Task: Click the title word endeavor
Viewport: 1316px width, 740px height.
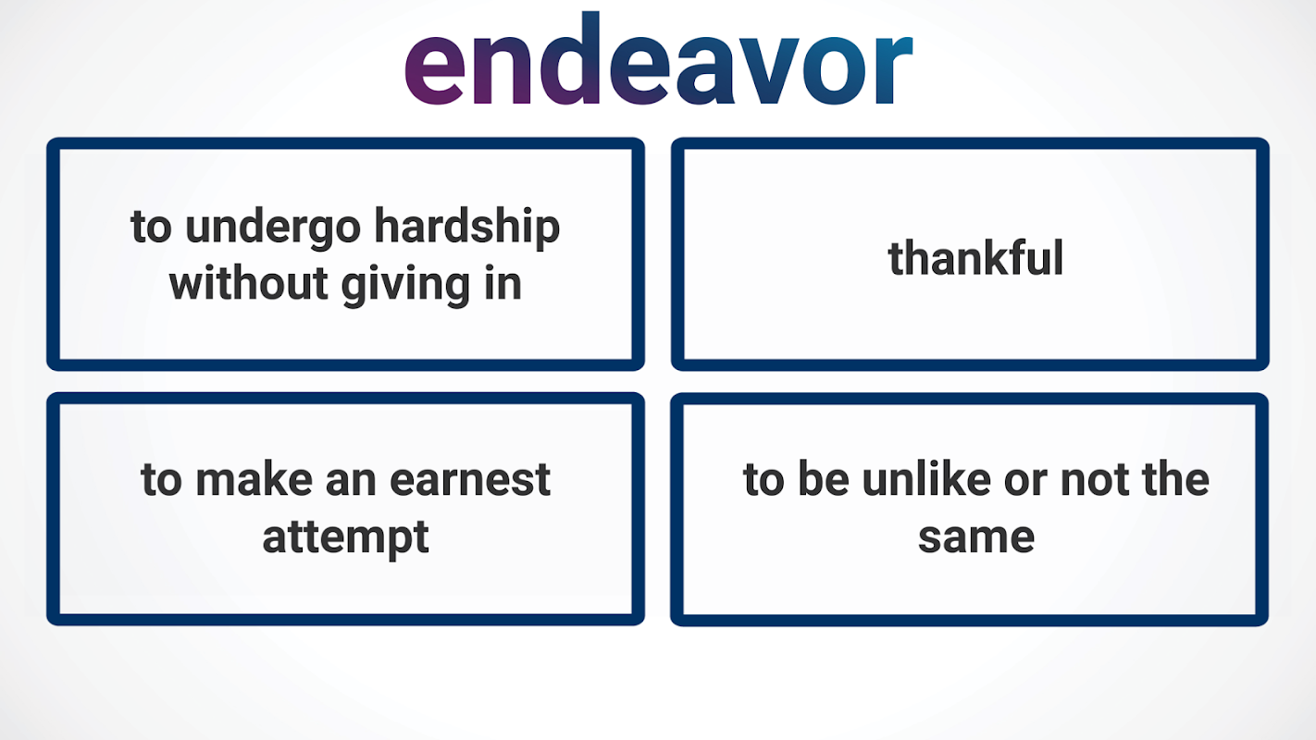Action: click(658, 58)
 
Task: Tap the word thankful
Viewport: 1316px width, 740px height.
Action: click(975, 258)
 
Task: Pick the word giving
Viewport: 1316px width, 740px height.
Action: click(406, 286)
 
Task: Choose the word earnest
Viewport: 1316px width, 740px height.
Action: click(470, 480)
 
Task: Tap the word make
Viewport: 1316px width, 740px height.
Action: click(254, 478)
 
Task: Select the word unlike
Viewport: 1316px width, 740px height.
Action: click(927, 478)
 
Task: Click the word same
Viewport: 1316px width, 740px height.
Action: click(976, 537)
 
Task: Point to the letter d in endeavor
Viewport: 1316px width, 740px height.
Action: click(570, 58)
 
